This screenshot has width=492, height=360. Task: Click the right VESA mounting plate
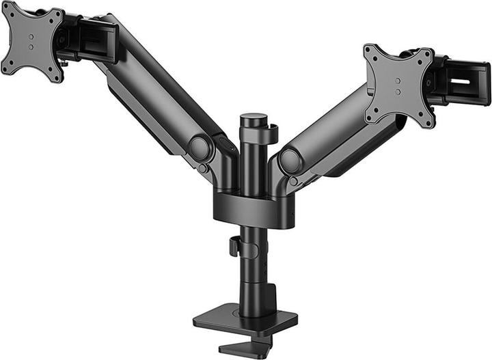(399, 85)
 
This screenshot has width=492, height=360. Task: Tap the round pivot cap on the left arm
(200, 148)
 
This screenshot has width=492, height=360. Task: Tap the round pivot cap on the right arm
(290, 161)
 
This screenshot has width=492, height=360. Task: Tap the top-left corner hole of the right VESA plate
(372, 53)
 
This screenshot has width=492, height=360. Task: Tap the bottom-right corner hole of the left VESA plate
(57, 74)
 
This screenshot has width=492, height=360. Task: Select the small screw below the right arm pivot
(293, 182)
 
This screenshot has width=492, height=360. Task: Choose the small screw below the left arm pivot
(202, 168)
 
